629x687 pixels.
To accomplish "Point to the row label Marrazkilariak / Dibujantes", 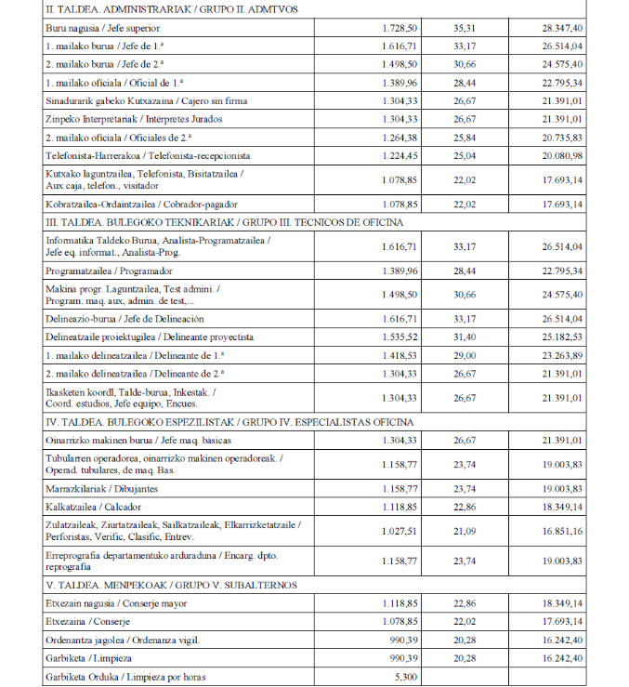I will click(102, 489).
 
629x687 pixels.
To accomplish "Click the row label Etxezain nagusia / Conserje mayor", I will click(116, 603).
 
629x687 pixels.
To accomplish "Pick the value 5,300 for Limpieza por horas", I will click(405, 677).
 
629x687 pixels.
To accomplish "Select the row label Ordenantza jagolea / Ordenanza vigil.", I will click(123, 640).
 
